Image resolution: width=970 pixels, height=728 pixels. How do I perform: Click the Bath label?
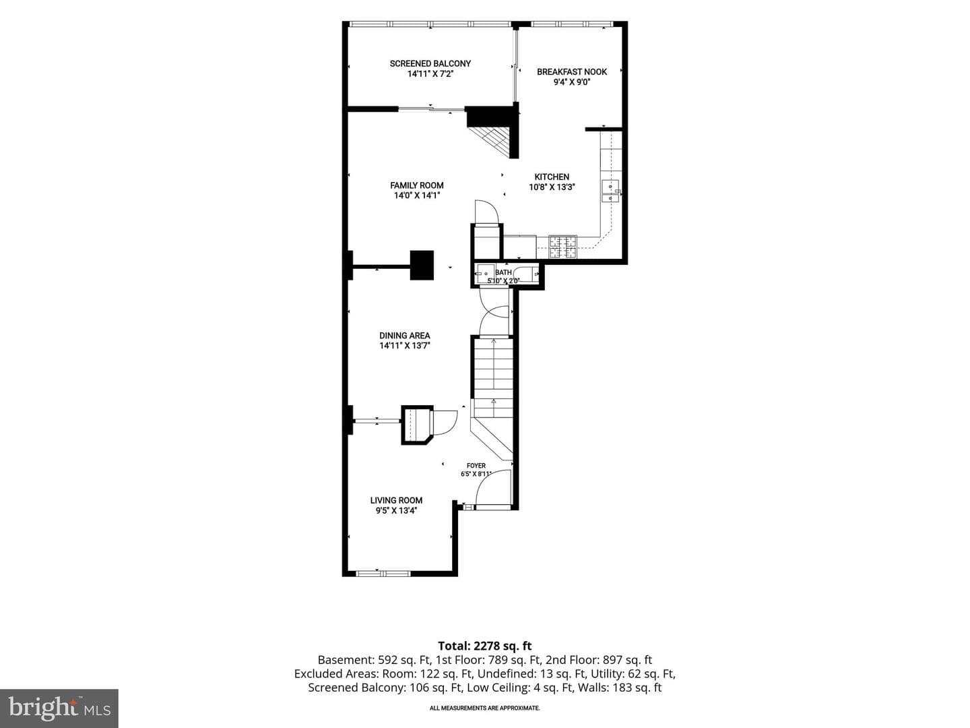pyautogui.click(x=503, y=272)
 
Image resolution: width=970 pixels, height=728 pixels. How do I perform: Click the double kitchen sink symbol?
pyautogui.click(x=611, y=191)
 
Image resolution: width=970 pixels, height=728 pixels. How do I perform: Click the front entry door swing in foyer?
pyautogui.click(x=492, y=487)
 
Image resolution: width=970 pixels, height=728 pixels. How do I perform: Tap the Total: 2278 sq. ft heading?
pyautogui.click(x=485, y=646)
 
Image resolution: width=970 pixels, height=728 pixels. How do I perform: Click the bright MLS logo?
pyautogui.click(x=59, y=708)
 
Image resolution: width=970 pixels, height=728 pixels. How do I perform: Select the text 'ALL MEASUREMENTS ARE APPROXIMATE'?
pyautogui.click(x=485, y=708)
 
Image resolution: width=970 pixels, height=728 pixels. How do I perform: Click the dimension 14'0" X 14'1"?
pyautogui.click(x=417, y=195)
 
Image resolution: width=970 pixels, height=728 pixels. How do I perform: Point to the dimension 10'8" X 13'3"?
pyautogui.click(x=552, y=187)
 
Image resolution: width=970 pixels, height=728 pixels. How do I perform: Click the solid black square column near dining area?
pyautogui.click(x=422, y=265)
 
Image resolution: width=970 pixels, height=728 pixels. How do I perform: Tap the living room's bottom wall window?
pyautogui.click(x=383, y=574)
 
